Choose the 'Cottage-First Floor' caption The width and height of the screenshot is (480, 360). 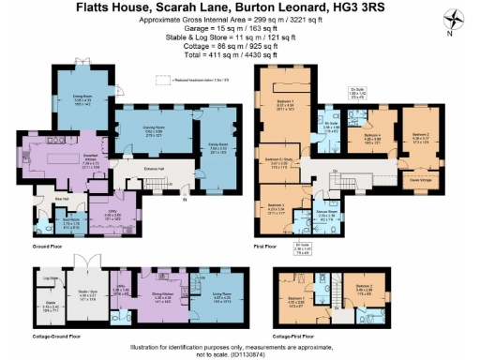[299, 334]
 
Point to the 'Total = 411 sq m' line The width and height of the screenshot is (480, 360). [239, 56]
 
